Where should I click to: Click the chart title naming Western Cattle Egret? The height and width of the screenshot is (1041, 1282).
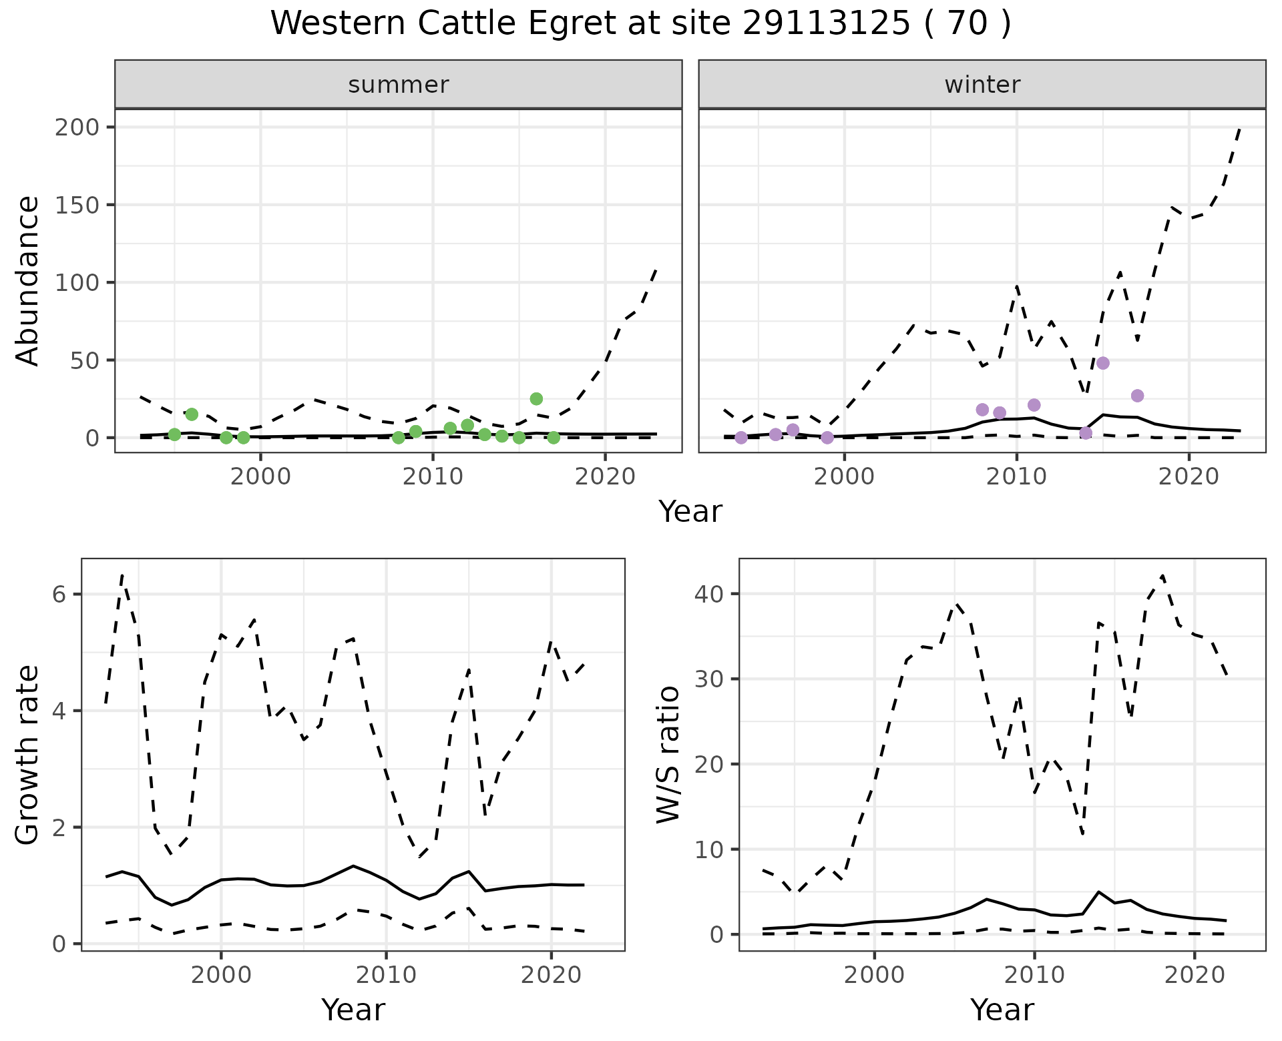(640, 24)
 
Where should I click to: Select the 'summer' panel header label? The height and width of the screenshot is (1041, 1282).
(398, 85)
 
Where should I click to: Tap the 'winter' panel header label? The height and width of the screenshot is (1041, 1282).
(982, 85)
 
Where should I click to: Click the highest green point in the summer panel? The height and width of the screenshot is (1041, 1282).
(536, 399)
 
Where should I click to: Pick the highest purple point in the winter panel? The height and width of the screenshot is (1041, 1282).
(1103, 363)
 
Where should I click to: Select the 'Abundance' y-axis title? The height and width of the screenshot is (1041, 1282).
(28, 281)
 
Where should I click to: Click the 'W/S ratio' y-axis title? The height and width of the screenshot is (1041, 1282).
(668, 755)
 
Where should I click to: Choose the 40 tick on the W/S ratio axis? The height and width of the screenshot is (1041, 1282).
(708, 594)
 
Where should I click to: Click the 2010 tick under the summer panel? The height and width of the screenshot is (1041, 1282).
(433, 476)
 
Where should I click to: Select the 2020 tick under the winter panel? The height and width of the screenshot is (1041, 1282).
(1189, 476)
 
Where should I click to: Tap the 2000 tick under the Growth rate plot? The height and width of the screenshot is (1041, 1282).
(221, 975)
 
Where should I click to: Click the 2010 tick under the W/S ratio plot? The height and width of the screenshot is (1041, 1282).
(1034, 975)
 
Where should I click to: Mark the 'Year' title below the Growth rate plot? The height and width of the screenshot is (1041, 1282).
(353, 1010)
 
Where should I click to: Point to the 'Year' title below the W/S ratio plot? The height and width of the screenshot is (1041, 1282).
(1002, 1010)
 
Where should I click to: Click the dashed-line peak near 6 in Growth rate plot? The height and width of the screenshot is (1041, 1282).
(122, 575)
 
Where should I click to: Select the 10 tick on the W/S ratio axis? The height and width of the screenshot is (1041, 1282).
(708, 849)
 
